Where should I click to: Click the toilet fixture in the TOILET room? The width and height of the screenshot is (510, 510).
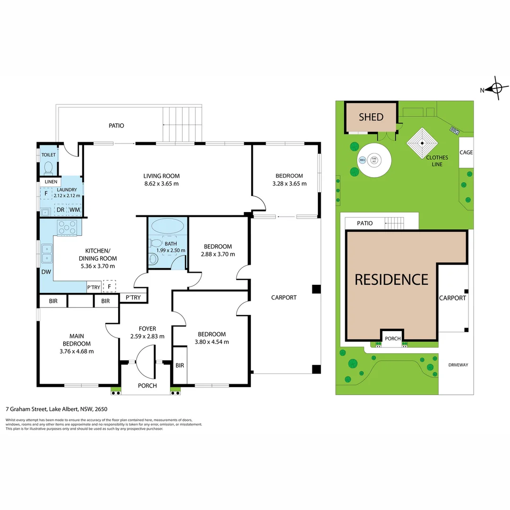coord(48,168)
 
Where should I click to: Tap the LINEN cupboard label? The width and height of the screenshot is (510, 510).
coord(51,182)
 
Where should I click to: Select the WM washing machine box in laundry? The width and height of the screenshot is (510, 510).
coord(75,210)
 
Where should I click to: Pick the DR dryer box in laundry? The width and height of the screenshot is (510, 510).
coord(60,210)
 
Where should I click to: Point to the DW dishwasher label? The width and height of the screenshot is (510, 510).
coord(46,272)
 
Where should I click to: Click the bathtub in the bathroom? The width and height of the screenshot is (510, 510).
coord(168,226)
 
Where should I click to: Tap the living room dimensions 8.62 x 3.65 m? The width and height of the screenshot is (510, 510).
coord(162,184)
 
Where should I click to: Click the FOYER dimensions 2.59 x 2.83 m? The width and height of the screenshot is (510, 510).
coord(148,336)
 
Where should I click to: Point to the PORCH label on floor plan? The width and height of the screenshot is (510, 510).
coord(147,386)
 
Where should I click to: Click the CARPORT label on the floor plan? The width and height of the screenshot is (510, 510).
coord(284,297)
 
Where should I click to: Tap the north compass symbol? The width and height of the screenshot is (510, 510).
coord(496,88)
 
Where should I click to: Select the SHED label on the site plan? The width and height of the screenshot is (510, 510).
coord(371,117)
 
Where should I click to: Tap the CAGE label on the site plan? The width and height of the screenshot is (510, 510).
coord(466,153)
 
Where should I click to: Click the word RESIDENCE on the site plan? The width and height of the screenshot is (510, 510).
coord(391,280)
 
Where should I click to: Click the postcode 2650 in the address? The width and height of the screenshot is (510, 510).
coord(102,409)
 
